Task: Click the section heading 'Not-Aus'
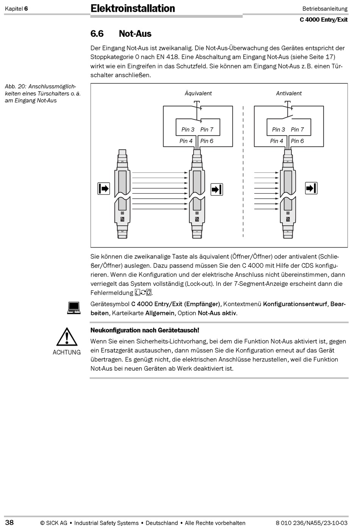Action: tap(135, 34)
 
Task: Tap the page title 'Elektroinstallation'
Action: tap(133, 8)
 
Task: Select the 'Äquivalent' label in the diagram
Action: tap(198, 93)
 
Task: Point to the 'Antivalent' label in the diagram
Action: tap(289, 93)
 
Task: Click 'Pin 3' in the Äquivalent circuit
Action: tap(188, 130)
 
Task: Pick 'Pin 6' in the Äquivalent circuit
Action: tap(207, 141)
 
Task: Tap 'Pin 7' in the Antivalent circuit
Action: tap(297, 130)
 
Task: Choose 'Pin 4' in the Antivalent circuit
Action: tap(277, 141)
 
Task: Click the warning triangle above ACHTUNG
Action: tap(67, 337)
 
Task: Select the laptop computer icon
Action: tap(74, 308)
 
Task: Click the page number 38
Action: tap(9, 523)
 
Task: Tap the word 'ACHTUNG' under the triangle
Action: tap(67, 352)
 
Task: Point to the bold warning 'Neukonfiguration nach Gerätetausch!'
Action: tap(145, 330)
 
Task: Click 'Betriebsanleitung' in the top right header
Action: tap(325, 9)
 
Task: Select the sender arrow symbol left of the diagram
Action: tap(104, 188)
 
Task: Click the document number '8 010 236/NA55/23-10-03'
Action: tap(311, 523)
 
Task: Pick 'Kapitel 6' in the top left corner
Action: tap(16, 9)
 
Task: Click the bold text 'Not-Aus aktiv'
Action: tap(218, 313)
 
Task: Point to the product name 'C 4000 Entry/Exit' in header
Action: tap(323, 20)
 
